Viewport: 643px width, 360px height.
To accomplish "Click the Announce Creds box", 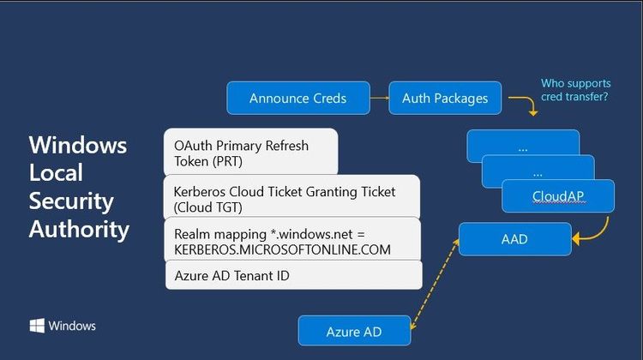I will click(297, 98).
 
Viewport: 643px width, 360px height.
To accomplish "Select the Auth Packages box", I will click(445, 98).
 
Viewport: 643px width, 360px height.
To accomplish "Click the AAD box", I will click(514, 239).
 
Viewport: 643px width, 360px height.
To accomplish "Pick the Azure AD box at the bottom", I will click(354, 331).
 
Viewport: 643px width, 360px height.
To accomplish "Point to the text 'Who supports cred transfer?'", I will click(575, 90).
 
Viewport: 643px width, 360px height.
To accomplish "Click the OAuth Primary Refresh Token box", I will click(250, 153).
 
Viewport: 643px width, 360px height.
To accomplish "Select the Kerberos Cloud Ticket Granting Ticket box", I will click(291, 199).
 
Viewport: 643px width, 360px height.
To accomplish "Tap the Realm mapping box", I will click(291, 241).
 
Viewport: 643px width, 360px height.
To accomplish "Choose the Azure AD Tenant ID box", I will click(293, 275).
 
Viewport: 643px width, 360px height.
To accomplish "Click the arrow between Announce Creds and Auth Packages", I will click(379, 98).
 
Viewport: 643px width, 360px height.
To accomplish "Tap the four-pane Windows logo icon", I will click(37, 326).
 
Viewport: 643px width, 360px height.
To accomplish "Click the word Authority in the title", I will click(79, 229).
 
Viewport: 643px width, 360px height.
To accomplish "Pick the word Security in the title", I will click(71, 201).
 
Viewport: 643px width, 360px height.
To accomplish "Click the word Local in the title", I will click(56, 172).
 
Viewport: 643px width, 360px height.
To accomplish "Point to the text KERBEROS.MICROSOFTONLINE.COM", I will click(282, 249).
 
